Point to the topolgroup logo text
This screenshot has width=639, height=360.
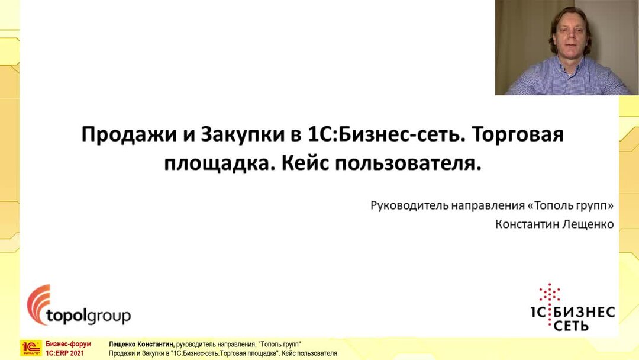88,316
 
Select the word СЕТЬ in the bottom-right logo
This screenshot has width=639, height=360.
567,326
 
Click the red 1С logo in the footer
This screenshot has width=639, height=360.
31,348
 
